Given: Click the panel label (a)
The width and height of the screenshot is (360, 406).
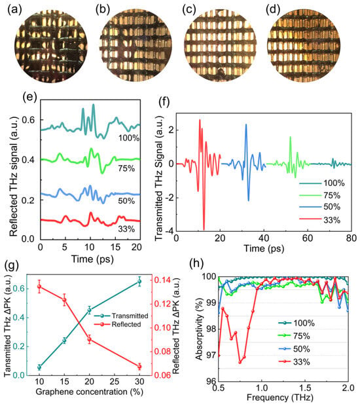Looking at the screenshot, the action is coord(15,10).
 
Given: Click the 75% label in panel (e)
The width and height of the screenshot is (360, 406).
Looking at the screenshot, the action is coord(126,168).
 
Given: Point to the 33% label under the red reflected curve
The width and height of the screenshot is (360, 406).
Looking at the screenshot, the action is coord(126,229).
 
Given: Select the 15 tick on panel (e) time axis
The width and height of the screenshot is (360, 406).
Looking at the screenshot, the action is coord(115,247).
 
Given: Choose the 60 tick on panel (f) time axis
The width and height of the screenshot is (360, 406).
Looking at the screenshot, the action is coord(308,238).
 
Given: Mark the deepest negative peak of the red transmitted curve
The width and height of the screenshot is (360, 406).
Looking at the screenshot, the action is coord(204,229).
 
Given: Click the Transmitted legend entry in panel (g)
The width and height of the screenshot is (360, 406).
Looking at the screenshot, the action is coord(121,316).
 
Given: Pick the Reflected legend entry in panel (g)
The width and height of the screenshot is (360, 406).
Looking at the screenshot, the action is coord(118,324).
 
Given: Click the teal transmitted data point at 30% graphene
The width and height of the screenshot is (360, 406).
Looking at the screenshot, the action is coord(139,282).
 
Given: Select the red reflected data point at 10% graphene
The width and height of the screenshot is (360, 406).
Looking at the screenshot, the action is coord(39,287).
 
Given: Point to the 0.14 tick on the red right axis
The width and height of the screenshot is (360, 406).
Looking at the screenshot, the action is coord(162,280).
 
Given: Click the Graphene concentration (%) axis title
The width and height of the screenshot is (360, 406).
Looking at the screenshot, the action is coord(90,392).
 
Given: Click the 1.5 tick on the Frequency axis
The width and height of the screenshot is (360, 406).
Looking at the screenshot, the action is coord(305,388).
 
